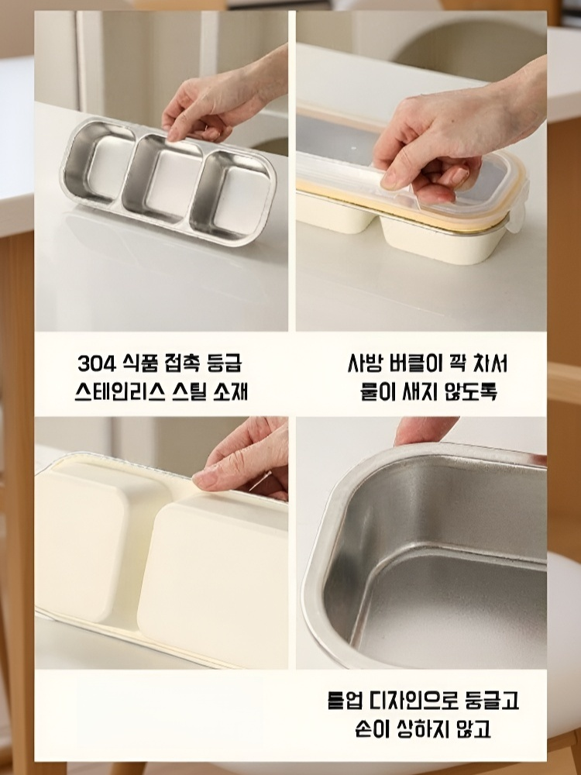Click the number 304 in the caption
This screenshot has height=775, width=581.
pos(97,363)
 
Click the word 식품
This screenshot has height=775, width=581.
pos(139,363)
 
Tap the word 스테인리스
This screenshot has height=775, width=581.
pos(119,392)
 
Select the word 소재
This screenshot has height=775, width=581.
pos(230,392)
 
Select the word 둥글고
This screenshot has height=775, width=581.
pos(492,701)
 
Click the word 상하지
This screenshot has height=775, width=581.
pos(423,728)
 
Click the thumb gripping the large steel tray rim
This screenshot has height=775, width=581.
pos(424,430)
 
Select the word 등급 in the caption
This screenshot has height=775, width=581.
pos(225,363)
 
